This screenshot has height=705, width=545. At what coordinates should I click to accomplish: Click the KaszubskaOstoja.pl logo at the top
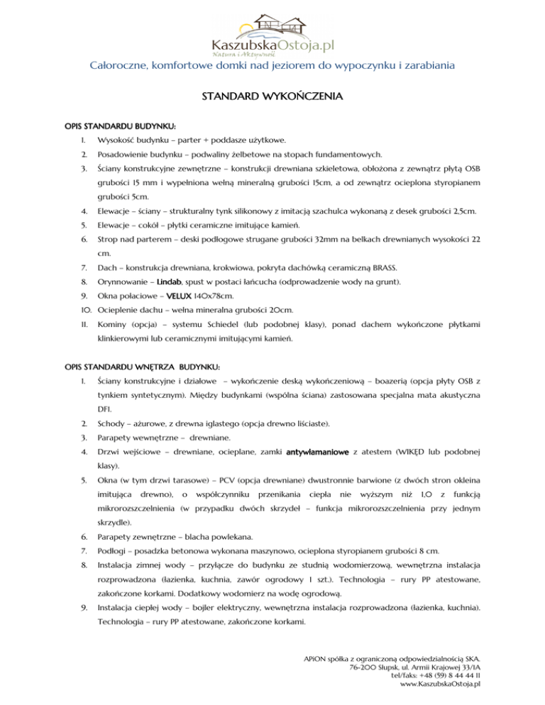272,33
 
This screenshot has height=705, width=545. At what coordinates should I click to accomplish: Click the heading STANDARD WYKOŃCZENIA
272,95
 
